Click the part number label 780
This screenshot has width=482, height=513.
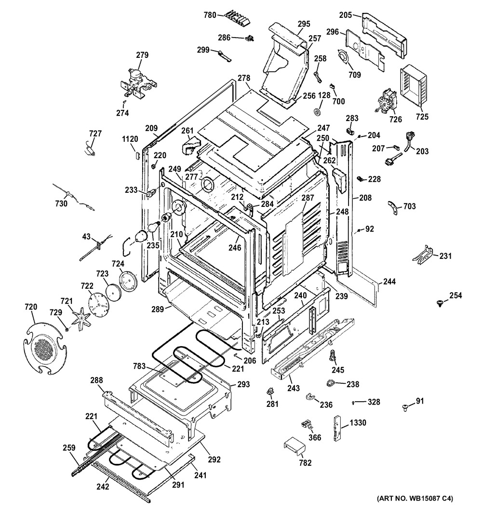(210, 15)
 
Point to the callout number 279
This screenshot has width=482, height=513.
(142, 55)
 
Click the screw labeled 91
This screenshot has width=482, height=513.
(405, 407)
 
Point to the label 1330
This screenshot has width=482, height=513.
(358, 423)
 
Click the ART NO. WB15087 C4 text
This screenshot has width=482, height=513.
(415, 498)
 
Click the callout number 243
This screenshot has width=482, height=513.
(294, 388)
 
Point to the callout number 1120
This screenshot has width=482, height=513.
(130, 139)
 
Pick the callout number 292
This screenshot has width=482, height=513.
(214, 459)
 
